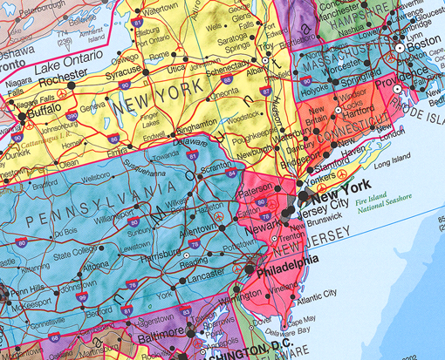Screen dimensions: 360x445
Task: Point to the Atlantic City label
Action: pyautogui.click(x=316, y=302)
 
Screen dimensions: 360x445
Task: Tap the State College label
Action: pyautogui.click(x=76, y=255)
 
